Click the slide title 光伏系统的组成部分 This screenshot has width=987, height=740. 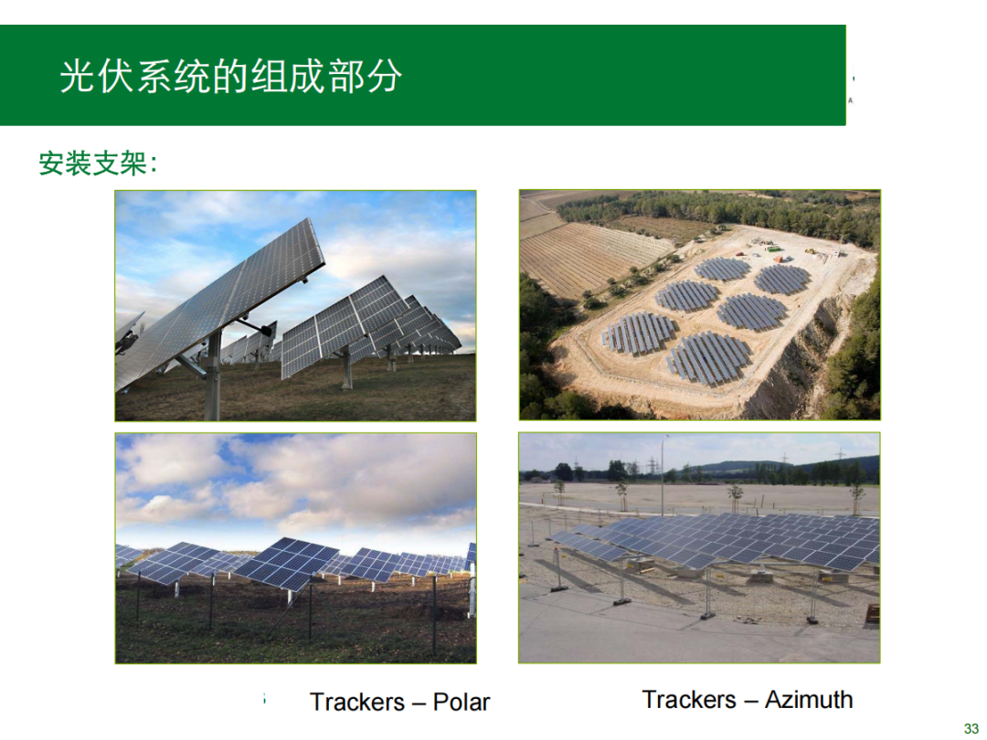230,77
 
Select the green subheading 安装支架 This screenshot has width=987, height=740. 93,164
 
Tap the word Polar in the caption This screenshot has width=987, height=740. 461,702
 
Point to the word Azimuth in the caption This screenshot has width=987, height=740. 809,699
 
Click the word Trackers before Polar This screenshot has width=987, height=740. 357,702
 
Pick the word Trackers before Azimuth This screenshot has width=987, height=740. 689,699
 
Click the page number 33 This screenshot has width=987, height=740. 971,729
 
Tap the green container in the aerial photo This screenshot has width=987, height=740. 772,248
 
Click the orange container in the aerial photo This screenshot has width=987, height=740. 780,258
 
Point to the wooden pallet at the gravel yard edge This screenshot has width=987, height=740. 873,614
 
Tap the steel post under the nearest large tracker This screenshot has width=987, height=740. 213,376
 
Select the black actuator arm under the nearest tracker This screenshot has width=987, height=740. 257,327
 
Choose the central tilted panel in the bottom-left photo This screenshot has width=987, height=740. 285,564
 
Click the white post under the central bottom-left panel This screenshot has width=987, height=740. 291,597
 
